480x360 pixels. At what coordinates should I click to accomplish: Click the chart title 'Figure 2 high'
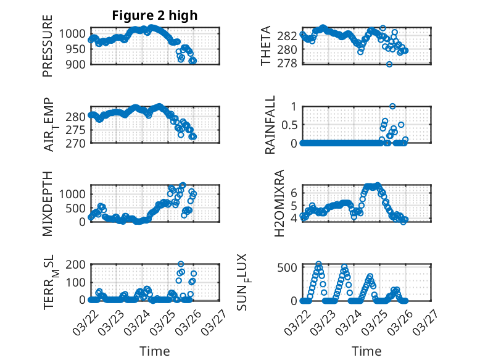tap(155, 15)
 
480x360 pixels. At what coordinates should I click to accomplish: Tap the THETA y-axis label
tap(266, 46)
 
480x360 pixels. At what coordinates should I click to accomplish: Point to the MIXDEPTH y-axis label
tap(48, 203)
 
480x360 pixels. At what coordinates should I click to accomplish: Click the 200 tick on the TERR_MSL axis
tap(77, 265)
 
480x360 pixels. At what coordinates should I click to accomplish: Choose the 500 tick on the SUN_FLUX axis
tap(288, 267)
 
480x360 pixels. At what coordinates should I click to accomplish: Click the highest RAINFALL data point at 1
tap(392, 106)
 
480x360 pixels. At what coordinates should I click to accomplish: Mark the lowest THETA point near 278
tap(389, 64)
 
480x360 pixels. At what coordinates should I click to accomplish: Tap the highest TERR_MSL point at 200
tap(181, 264)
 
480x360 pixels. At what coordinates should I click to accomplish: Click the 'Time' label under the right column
tap(366, 351)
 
